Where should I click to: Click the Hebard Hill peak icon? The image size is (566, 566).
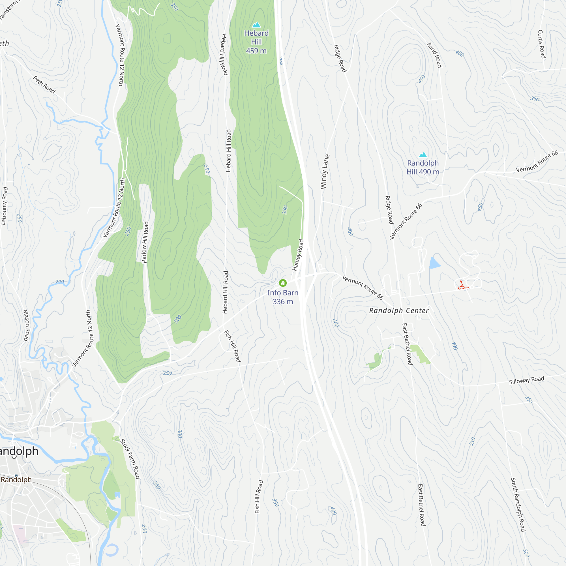point(256,25)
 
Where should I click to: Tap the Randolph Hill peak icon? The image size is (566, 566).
point(423,155)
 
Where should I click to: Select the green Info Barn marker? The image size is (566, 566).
point(283,283)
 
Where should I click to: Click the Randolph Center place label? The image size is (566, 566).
point(399,310)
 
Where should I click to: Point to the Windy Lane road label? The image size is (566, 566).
point(325,172)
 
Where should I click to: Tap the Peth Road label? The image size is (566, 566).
point(44,85)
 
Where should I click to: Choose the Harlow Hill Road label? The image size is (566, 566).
point(145,242)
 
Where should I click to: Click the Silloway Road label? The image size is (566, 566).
point(526,380)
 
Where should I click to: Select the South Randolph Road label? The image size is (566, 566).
point(518,505)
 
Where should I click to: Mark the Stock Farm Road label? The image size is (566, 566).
point(130,458)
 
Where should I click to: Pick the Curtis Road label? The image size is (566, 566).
point(541,44)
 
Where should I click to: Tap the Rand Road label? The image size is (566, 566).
point(434,55)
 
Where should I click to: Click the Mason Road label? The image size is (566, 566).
point(26,325)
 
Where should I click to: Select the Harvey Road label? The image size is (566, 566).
point(298,255)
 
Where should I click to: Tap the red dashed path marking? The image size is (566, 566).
point(463,286)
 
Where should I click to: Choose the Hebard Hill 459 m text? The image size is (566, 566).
point(256,42)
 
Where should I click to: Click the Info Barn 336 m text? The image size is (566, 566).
point(283,297)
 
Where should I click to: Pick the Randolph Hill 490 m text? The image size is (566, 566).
point(423,167)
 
